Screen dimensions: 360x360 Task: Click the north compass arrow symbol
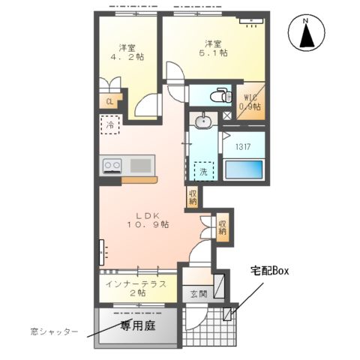pos(306,34)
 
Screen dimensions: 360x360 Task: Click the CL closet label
pos(109,102)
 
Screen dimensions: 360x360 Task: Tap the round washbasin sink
pos(202,121)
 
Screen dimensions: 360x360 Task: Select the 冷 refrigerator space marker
pos(110,124)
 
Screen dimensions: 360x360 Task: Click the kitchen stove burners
pos(112,164)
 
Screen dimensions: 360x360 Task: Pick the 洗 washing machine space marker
pos(202,171)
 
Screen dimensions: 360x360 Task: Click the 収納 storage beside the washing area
pos(193,197)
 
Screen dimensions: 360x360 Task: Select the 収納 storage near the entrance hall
pos(223,226)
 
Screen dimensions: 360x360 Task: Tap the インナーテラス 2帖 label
pos(136,288)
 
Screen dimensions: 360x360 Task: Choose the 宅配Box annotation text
pos(269,270)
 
